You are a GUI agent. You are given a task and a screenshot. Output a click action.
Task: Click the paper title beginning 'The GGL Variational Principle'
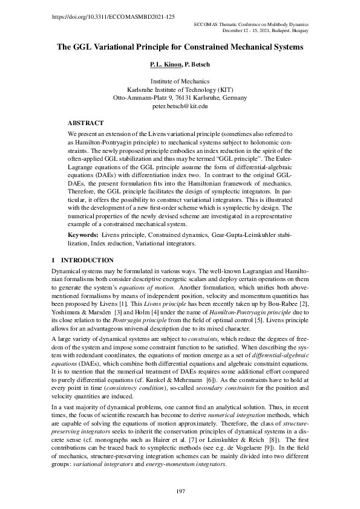pyautogui.click(x=180, y=46)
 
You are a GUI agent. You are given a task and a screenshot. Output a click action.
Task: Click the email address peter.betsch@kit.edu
pyautogui.click(x=180, y=106)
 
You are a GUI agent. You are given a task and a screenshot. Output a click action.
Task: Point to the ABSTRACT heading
pyautogui.click(x=85, y=122)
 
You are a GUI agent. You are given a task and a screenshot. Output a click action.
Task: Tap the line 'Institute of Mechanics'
pyautogui.click(x=180, y=81)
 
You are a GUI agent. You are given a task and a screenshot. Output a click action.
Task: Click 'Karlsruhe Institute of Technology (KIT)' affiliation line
pyautogui.click(x=180, y=89)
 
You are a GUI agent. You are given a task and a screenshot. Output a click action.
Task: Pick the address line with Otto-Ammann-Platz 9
pyautogui.click(x=180, y=97)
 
